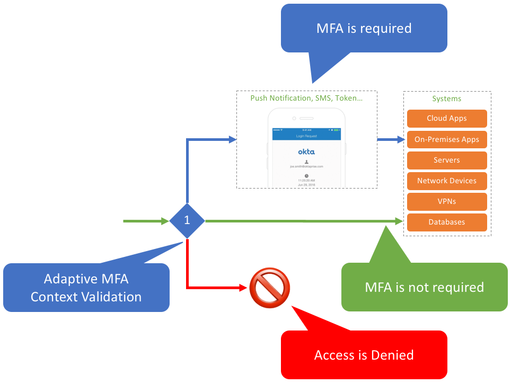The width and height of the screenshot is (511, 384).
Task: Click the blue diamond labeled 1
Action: click(187, 220)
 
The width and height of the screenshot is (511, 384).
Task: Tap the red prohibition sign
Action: click(270, 288)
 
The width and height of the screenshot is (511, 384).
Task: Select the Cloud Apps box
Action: click(446, 118)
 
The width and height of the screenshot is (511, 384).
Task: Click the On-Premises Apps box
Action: click(446, 139)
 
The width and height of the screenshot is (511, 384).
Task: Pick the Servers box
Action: click(446, 160)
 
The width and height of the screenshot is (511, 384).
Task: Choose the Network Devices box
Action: click(446, 181)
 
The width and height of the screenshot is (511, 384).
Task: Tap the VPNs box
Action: click(446, 201)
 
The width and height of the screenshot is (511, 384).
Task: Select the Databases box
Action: click(446, 222)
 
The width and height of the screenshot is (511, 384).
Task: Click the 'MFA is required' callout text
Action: click(364, 28)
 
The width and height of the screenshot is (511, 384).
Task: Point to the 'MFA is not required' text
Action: click(424, 287)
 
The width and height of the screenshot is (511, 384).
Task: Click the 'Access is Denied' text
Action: click(364, 355)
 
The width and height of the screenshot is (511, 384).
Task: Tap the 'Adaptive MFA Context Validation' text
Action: click(86, 288)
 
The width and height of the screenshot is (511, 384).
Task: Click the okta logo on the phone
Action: click(306, 151)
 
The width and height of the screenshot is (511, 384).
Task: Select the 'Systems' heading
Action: click(447, 99)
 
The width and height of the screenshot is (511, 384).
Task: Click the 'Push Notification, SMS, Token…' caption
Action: click(306, 98)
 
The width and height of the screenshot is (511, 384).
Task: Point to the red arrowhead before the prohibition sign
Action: click(244, 288)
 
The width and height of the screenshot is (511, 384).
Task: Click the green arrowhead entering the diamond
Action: click(165, 220)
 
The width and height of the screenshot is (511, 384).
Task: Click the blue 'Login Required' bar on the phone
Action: click(306, 136)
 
